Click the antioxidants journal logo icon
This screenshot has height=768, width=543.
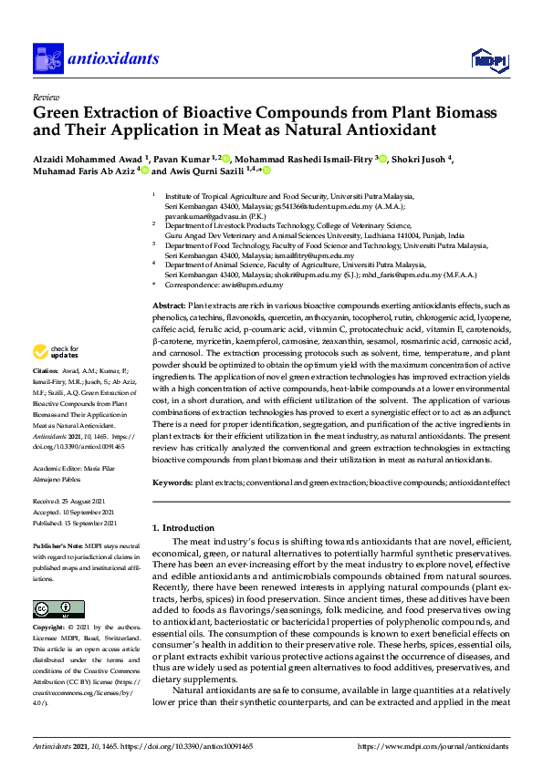pos(47,58)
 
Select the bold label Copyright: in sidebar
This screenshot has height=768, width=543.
pos(51,628)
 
